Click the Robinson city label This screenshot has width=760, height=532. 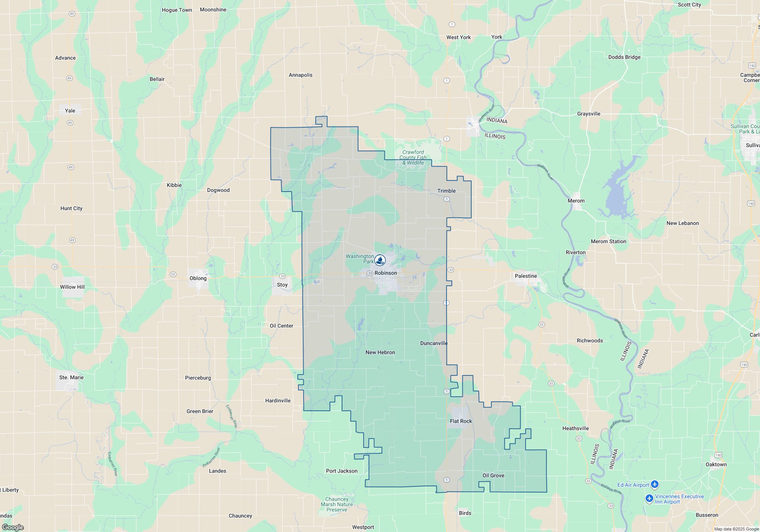tap(386, 273)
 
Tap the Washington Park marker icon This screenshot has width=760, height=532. tap(380, 260)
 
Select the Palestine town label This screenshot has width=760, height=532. tap(526, 276)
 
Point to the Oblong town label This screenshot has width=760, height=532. tap(198, 278)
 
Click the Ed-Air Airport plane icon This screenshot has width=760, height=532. tap(654, 484)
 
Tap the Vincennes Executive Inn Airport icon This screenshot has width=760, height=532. tap(649, 498)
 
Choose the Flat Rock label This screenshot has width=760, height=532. tap(461, 421)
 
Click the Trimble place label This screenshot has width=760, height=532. tap(446, 191)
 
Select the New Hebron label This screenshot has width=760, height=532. tap(380, 352)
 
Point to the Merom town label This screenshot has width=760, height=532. tap(576, 201)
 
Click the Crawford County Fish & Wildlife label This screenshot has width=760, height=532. tap(413, 157)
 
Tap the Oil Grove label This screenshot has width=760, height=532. tap(493, 475)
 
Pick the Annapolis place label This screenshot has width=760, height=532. tap(301, 75)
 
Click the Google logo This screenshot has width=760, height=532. tap(13, 527)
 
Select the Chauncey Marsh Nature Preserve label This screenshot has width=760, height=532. tap(337, 504)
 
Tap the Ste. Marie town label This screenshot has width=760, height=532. tap(71, 377)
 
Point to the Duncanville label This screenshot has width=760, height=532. tap(434, 343)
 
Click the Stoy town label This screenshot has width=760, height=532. tap(282, 285)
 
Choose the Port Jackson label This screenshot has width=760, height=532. tap(342, 471)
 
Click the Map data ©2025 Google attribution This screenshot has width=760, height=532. tap(736, 529)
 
